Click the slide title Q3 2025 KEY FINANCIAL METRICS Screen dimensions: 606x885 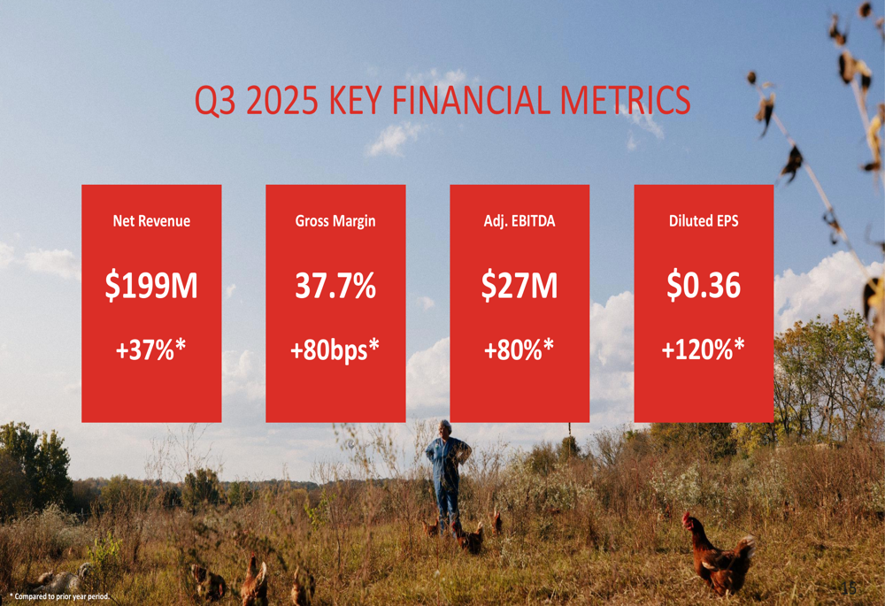(442, 100)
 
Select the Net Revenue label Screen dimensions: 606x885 (151, 221)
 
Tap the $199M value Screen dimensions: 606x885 (151, 287)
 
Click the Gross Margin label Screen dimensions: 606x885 (335, 221)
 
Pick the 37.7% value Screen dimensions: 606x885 (335, 287)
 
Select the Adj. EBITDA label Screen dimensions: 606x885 (519, 221)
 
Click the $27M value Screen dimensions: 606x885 (519, 287)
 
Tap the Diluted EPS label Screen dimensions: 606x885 (704, 221)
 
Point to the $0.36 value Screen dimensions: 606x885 (704, 287)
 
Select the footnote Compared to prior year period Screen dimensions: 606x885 (60, 596)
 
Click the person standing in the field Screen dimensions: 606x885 (448, 473)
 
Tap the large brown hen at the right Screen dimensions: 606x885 (719, 556)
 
